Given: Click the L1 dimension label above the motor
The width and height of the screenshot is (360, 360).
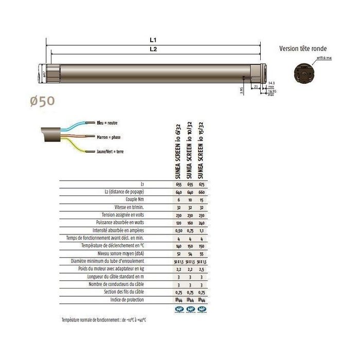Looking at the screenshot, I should pos(153,40).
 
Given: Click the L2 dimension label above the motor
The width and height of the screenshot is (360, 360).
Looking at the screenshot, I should pos(153,50).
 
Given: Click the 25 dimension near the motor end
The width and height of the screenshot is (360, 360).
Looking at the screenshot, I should pos(256,87).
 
